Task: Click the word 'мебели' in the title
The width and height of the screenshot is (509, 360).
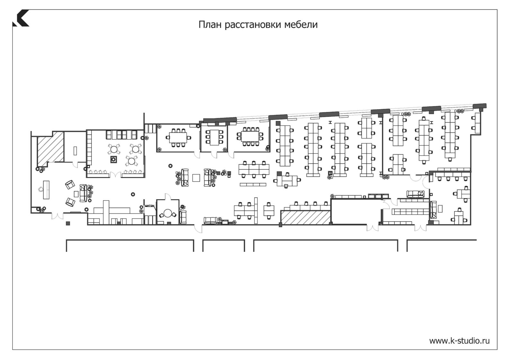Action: [301, 25]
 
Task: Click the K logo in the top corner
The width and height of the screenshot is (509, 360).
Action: [21, 18]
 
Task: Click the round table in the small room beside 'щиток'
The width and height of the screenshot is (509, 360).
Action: [168, 213]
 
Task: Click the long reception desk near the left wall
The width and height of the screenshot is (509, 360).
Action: [46, 190]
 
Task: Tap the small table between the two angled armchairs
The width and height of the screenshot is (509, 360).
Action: [76, 194]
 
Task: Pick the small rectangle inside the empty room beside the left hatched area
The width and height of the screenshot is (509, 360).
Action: [75, 151]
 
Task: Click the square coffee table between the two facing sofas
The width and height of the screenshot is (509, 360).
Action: [196, 178]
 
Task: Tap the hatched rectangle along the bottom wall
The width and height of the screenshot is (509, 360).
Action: [306, 217]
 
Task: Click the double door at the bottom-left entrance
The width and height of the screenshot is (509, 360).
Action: [57, 216]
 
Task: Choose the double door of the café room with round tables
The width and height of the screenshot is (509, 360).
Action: [116, 175]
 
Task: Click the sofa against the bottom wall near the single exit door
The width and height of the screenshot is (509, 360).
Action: [210, 221]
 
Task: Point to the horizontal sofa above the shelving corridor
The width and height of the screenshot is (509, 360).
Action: [415, 194]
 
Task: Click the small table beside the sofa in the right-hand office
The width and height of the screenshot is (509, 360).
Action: [440, 208]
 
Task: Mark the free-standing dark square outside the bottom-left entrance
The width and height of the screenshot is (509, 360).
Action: [68, 223]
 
